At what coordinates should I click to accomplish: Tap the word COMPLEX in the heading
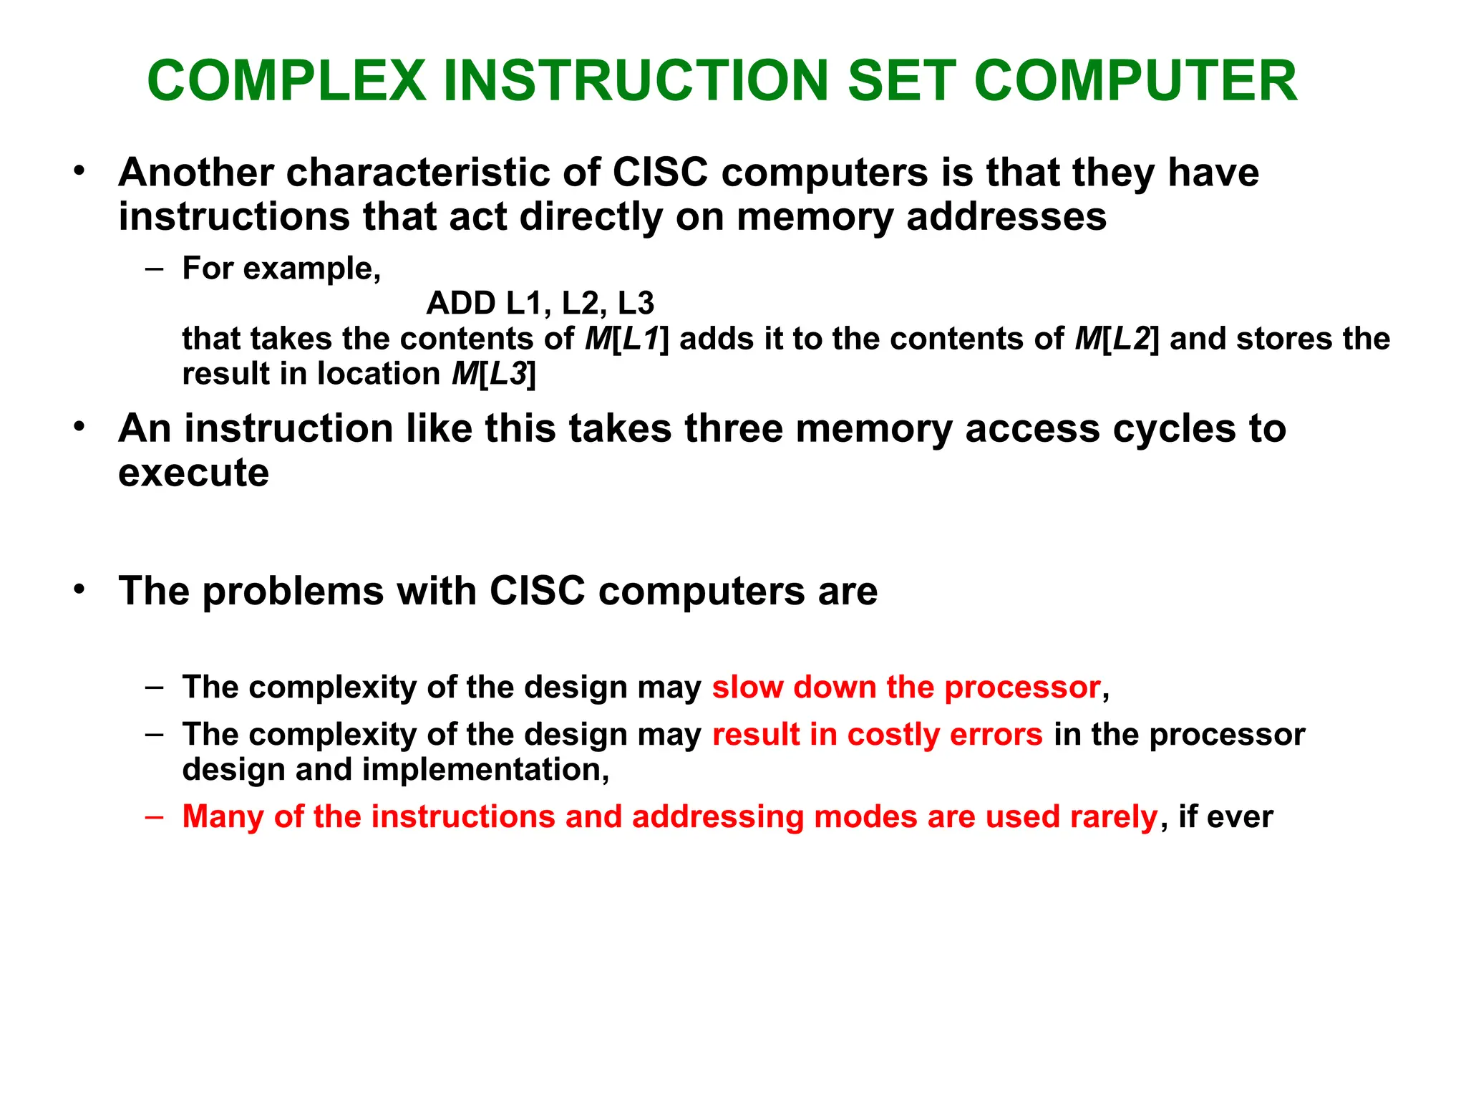[x=286, y=81]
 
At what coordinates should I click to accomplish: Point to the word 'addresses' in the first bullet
[x=1006, y=216]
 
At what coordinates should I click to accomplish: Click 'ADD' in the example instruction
[x=461, y=304]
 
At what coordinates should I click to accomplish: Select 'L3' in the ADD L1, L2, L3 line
[x=636, y=304]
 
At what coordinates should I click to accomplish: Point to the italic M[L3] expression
[x=494, y=374]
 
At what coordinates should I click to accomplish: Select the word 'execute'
[x=193, y=473]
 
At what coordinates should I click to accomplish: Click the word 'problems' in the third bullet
[x=293, y=592]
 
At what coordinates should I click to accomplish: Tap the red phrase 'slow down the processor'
[x=906, y=687]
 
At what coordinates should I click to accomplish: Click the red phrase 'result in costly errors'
[x=877, y=735]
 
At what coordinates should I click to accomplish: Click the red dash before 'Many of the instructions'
[x=154, y=817]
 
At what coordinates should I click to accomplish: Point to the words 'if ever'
[x=1225, y=817]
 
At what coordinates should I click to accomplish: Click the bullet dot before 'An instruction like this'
[x=79, y=428]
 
